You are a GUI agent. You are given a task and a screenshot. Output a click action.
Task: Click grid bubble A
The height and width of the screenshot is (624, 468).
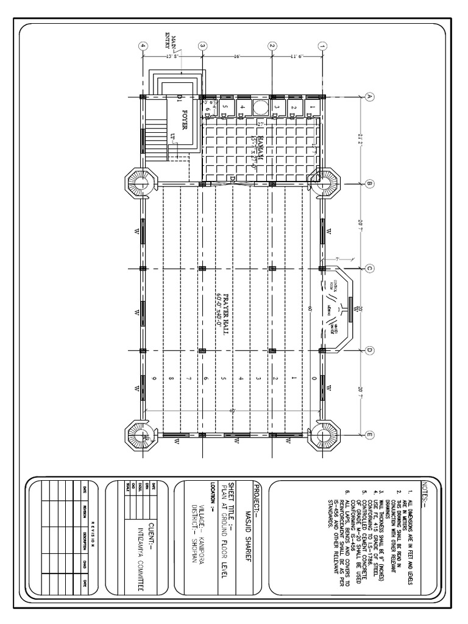coord(369,96)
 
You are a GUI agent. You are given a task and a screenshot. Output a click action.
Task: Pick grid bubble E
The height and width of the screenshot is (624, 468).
coord(369,434)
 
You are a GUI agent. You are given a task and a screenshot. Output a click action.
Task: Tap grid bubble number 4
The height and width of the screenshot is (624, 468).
coord(143,46)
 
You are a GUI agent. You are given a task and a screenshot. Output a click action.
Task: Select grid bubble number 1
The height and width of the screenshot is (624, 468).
coord(323,46)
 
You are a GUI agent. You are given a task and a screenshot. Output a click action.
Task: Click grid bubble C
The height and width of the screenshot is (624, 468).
coord(369,268)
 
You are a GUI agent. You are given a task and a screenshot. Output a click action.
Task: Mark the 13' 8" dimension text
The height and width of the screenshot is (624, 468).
coord(172,55)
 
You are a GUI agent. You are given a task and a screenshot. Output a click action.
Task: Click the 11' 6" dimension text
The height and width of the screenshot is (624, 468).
coord(297,55)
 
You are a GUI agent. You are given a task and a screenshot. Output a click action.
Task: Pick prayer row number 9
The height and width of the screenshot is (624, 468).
coord(155,379)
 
